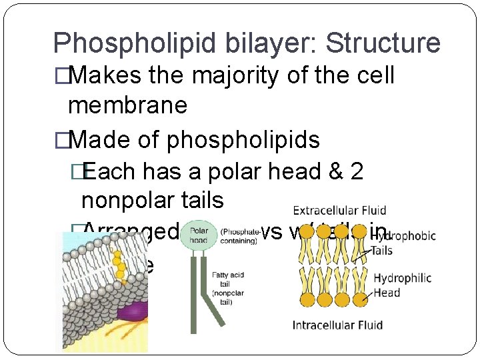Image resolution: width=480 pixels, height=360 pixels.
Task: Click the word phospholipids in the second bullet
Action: click(243, 139)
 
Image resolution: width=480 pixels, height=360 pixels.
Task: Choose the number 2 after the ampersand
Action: click(356, 171)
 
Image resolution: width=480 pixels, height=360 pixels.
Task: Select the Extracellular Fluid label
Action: click(339, 211)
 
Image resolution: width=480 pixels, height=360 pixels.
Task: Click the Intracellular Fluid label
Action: click(337, 325)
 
